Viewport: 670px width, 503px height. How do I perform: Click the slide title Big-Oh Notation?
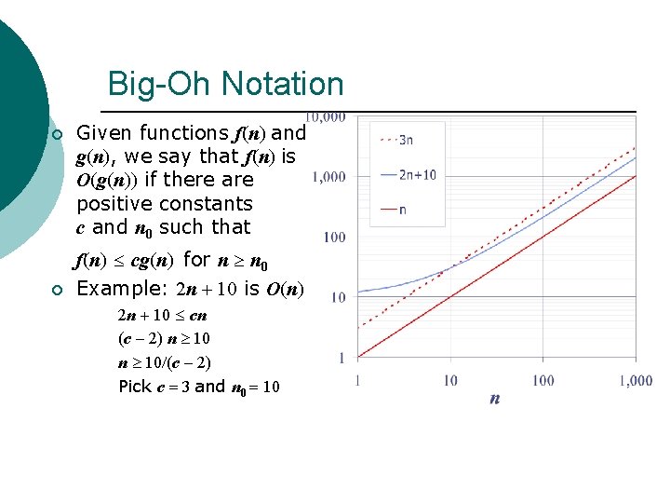point(225,84)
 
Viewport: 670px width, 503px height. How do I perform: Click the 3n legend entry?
point(407,141)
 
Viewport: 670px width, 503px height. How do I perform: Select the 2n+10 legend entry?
point(416,174)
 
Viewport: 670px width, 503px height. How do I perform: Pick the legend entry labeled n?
point(401,210)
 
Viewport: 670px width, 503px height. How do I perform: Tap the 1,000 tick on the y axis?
point(329,177)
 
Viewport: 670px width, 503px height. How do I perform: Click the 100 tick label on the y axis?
point(335,238)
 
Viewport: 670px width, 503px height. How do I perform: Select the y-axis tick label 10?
point(338,298)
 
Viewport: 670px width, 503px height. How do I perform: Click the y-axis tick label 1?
point(342,358)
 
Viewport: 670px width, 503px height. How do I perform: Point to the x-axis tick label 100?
point(543,380)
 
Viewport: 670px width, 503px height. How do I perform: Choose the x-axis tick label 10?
point(450,380)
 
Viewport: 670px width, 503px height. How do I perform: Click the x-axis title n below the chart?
point(494,399)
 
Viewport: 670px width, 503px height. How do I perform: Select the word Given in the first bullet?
point(102,133)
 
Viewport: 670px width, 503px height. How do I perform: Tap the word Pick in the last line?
point(134,386)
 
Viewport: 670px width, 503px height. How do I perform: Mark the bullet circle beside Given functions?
point(57,135)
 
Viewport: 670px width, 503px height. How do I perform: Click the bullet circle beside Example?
point(57,291)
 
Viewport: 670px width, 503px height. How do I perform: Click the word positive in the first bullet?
point(114,203)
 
